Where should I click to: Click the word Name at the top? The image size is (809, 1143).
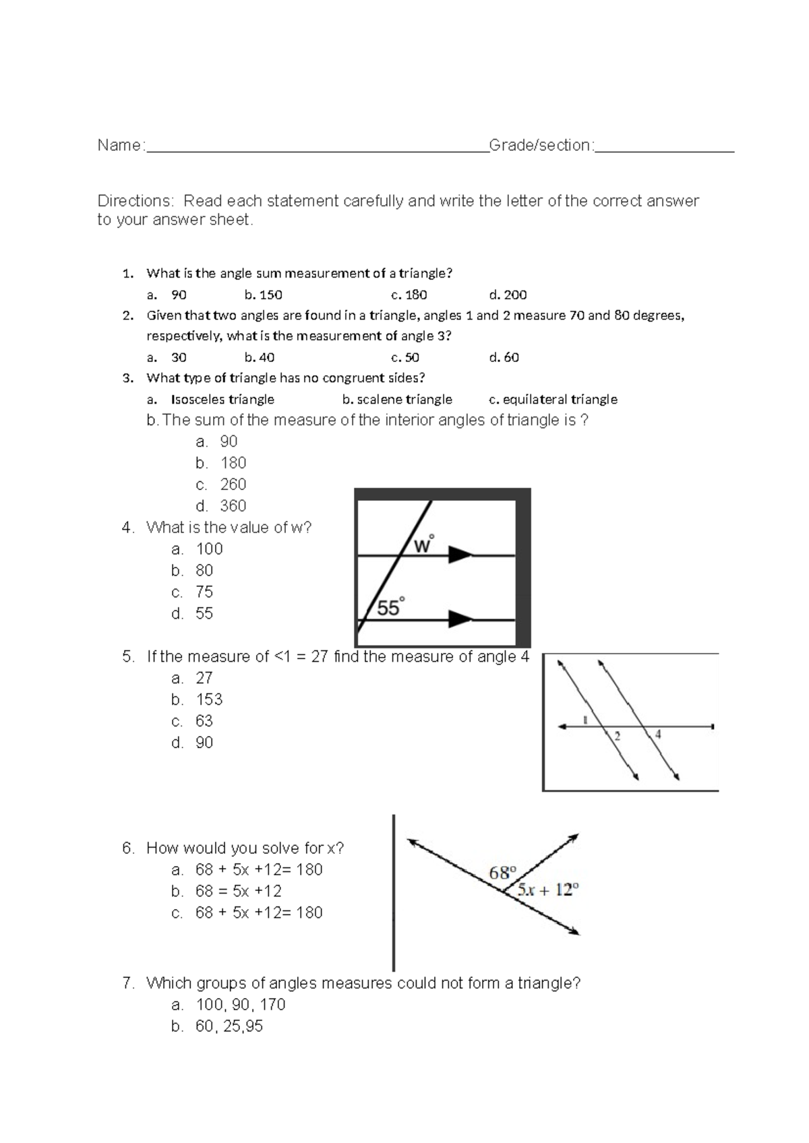119,146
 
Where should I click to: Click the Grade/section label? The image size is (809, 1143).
541,146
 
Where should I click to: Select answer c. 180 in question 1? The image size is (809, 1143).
409,295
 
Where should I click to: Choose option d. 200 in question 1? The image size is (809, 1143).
508,295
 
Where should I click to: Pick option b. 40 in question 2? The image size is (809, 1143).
260,357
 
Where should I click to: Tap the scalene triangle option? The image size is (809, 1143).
397,399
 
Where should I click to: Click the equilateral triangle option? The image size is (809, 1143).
553,399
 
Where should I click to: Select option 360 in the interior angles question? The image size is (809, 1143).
233,505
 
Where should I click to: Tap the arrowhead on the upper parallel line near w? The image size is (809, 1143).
461,555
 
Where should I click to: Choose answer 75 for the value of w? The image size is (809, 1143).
204,592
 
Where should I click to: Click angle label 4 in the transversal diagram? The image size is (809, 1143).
658,735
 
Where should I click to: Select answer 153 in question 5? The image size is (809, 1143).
209,700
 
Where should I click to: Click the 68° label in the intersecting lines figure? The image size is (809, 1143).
502,873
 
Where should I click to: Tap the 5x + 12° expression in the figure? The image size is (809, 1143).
548,890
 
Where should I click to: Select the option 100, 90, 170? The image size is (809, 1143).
240,1005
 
